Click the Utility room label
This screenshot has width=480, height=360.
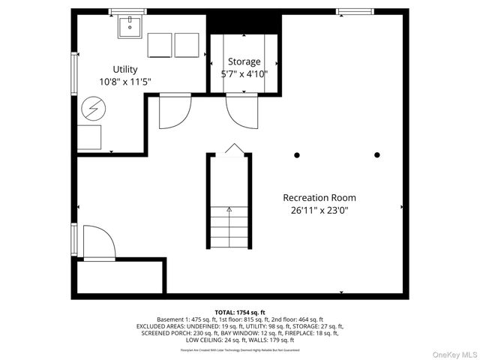pyautogui.click(x=124, y=69)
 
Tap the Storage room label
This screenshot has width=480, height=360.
pyautogui.click(x=244, y=61)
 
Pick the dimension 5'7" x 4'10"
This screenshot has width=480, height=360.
pyautogui.click(x=244, y=74)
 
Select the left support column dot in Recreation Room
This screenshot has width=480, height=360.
pyautogui.click(x=297, y=155)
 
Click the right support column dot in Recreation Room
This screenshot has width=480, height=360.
pyautogui.click(x=377, y=155)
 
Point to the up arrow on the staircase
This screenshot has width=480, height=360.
pyautogui.click(x=229, y=210)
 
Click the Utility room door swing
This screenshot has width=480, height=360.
pyautogui.click(x=174, y=111)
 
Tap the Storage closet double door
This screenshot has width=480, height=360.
pyautogui.click(x=243, y=112)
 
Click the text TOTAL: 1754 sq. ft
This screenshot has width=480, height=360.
pyautogui.click(x=240, y=311)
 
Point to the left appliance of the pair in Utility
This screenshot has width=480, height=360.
pyautogui.click(x=160, y=45)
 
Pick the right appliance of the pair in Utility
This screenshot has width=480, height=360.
pyautogui.click(x=187, y=45)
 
